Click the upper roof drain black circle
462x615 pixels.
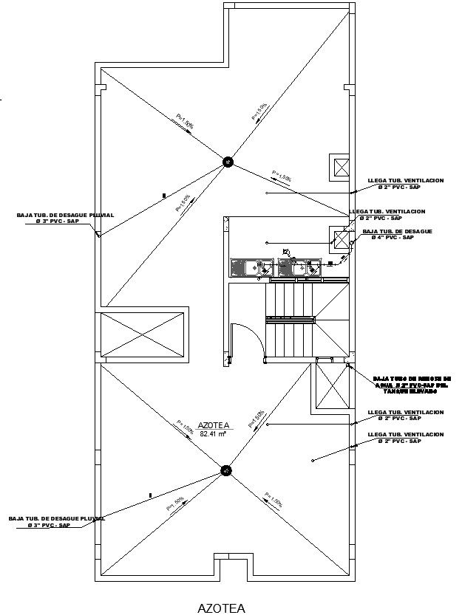tap(228, 161)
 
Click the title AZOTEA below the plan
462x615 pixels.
tap(220, 608)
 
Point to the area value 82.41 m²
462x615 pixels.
tap(213, 434)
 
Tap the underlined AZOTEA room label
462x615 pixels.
tap(214, 425)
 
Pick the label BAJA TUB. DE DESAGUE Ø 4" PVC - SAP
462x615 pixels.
tap(397, 235)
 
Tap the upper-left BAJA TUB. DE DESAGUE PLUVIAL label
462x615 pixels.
tap(65, 218)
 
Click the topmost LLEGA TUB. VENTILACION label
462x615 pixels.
tap(405, 183)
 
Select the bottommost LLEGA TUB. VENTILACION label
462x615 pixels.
tap(405, 438)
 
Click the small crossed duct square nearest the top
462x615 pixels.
tap(342, 168)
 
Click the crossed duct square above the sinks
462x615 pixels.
tap(341, 239)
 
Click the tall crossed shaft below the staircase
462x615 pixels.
tap(331, 385)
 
